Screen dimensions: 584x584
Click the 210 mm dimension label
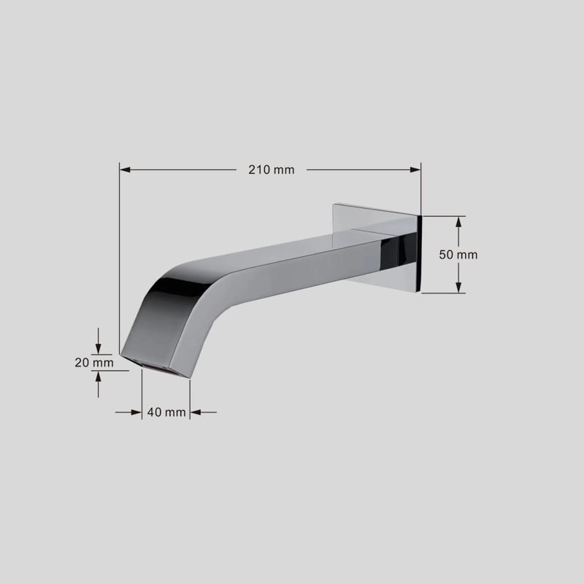(x=271, y=170)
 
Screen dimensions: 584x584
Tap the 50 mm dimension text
(x=458, y=255)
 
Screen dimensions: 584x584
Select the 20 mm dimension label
(x=94, y=362)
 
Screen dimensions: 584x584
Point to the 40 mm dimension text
(x=166, y=412)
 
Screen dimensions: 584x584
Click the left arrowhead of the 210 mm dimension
(x=125, y=170)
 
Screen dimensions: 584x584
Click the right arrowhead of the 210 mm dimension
(x=415, y=170)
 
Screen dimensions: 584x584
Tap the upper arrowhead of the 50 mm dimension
(x=458, y=222)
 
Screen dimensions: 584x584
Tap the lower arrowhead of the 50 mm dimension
(x=458, y=287)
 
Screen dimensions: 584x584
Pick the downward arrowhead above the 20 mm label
(x=98, y=349)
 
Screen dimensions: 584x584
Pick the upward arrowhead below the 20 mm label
(x=98, y=376)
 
